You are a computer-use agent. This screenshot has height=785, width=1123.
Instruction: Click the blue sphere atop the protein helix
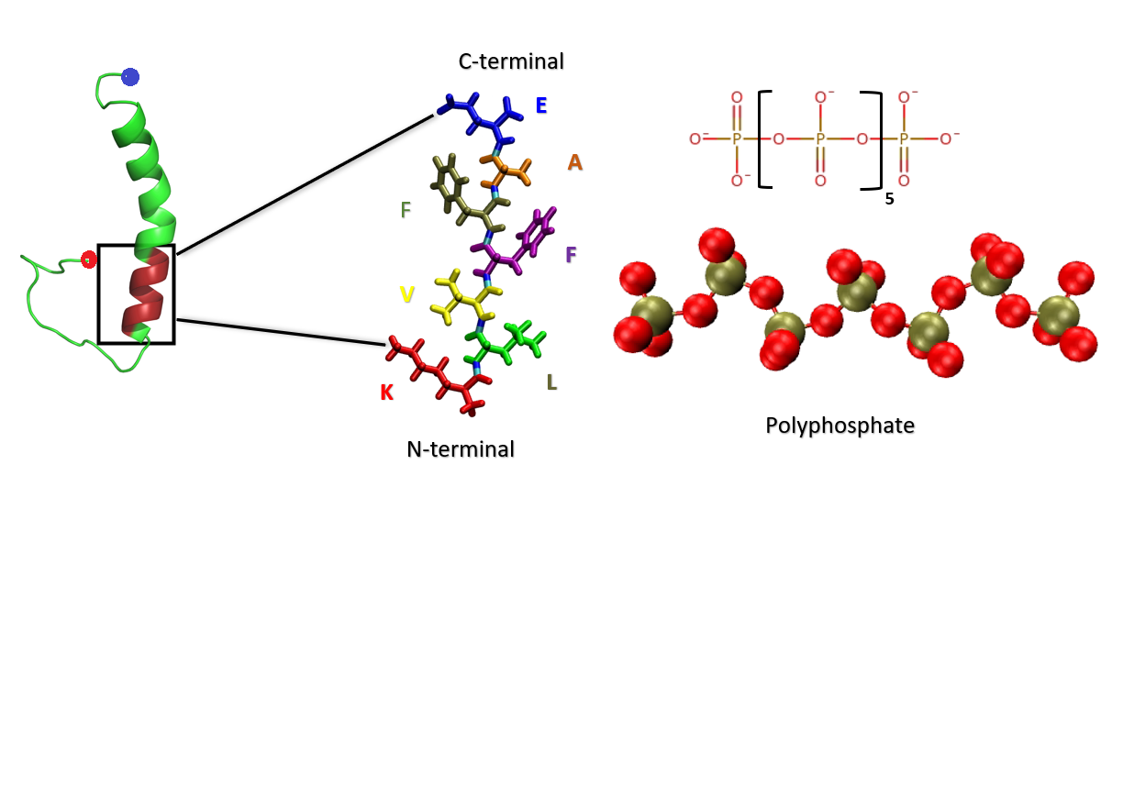pos(130,77)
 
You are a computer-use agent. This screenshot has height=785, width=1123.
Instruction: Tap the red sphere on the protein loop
pos(88,260)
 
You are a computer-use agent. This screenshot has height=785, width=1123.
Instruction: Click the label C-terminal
pos(511,61)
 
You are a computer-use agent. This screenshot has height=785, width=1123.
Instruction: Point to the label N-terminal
pos(460,449)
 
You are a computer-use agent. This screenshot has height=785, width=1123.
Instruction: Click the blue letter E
pos(541,105)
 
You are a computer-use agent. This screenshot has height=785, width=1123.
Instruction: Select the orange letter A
pos(575,162)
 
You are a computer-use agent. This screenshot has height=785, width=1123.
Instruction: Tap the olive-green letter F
pos(406,210)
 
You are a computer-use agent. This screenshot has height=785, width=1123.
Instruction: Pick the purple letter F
pos(572,254)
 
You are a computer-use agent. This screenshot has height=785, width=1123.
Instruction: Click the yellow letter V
pos(406,294)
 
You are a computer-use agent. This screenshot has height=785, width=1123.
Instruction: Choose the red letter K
pos(387,392)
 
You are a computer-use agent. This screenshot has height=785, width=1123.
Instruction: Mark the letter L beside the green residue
pos(551,382)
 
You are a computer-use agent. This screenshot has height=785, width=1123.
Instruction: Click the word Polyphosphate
pos(839,426)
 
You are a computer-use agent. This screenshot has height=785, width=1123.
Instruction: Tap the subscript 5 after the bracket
pos(889,198)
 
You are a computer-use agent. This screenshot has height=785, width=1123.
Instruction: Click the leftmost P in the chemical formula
pos(736,138)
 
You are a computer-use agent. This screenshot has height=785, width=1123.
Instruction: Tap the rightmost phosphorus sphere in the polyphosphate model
pos(1058,313)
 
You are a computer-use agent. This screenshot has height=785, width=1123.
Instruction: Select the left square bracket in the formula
pos(764,139)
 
